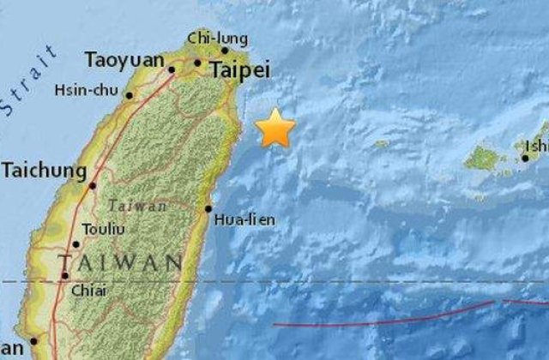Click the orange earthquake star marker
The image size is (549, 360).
pos(275,129)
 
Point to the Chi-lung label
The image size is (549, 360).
pos(218,38)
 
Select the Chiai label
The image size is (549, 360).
pos(90,291)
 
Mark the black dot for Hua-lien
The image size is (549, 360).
pos(208,208)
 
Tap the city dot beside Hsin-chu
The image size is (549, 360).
pos(130,95)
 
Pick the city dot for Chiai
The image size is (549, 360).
pos(65,276)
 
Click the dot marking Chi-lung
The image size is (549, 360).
pos(225,50)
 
